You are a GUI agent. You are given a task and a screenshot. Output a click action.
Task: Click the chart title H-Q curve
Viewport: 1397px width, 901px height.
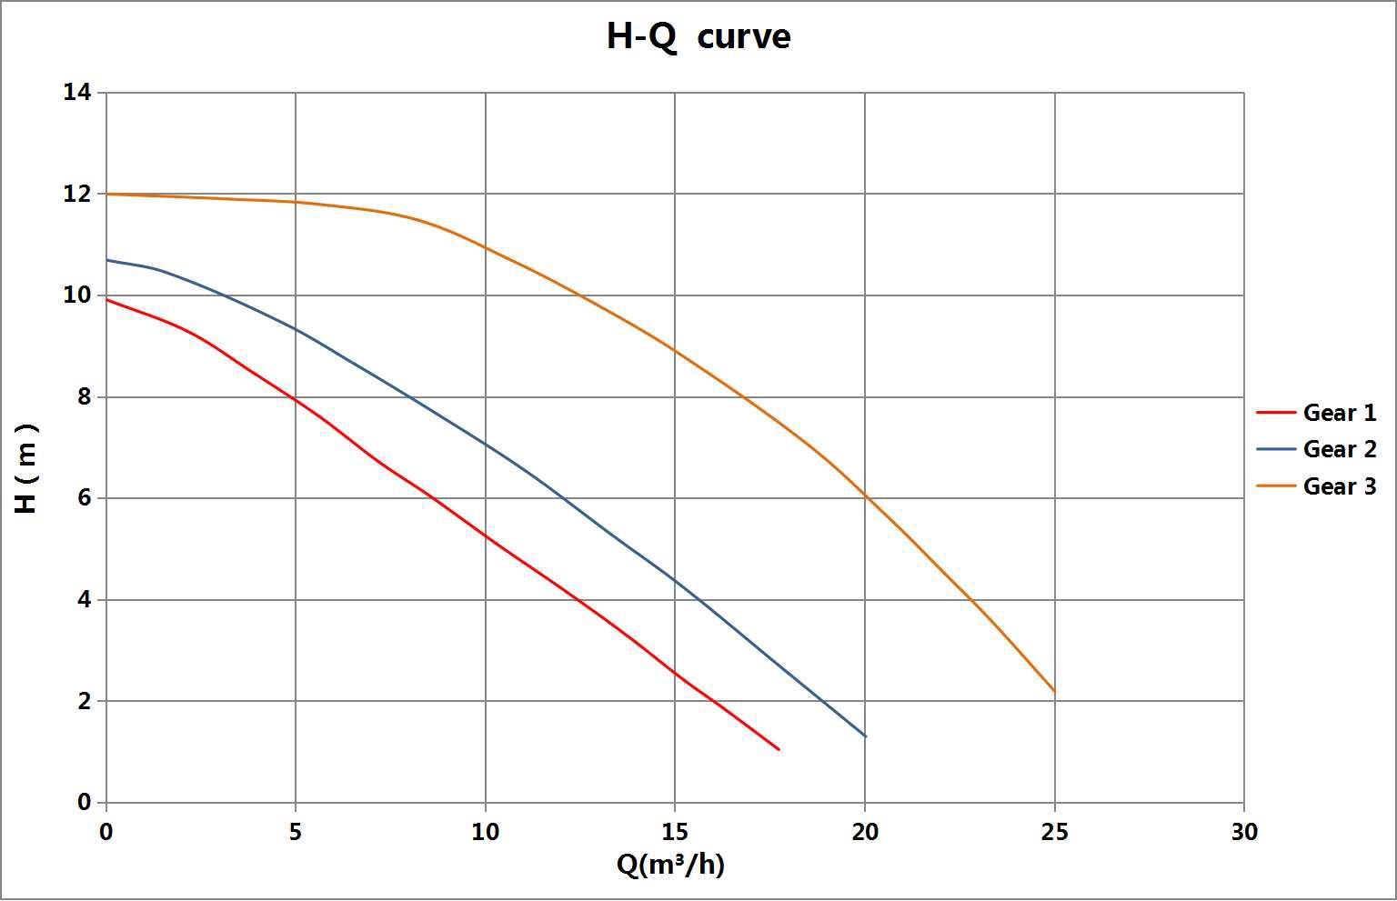point(698,37)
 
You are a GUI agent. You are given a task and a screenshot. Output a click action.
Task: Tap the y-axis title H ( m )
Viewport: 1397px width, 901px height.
point(27,467)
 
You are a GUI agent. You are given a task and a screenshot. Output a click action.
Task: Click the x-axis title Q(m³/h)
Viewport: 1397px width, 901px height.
point(670,865)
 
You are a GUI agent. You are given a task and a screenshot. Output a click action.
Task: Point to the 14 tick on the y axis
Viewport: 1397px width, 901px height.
point(77,92)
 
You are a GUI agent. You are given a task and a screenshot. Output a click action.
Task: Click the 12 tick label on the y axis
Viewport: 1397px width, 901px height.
point(77,194)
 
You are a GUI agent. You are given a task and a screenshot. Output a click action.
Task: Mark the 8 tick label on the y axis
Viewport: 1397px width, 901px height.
point(84,397)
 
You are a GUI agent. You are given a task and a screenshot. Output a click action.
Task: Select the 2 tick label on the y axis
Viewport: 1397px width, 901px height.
point(84,701)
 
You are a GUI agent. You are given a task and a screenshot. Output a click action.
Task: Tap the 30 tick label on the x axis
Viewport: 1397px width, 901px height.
point(1243,832)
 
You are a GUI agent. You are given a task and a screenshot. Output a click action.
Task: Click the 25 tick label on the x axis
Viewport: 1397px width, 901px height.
point(1054,832)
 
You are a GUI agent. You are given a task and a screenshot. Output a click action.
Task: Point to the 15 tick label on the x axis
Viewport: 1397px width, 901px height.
point(675,832)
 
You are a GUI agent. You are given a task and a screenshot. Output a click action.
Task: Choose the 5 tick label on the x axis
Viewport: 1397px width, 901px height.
point(296,832)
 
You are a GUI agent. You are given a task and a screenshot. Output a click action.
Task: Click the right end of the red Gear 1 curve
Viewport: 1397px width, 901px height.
point(779,750)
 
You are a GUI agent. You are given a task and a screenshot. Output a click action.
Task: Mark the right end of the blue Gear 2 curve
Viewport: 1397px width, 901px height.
point(866,736)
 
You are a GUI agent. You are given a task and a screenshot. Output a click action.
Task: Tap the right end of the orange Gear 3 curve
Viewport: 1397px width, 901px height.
point(1055,692)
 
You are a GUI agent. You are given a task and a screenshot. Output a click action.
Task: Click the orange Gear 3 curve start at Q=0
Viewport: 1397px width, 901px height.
point(107,194)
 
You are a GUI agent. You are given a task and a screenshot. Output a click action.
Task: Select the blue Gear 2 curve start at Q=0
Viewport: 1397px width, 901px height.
point(107,260)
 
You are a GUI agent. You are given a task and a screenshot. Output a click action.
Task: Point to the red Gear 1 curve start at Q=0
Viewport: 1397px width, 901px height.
point(107,299)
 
